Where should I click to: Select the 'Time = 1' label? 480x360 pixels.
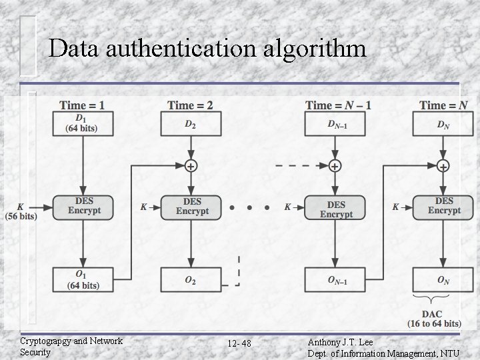click(x=82, y=105)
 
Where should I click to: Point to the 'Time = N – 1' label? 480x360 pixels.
click(x=338, y=105)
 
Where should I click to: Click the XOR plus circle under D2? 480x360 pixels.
click(x=191, y=166)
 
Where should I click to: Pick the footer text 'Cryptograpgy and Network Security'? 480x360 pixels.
click(x=71, y=346)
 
